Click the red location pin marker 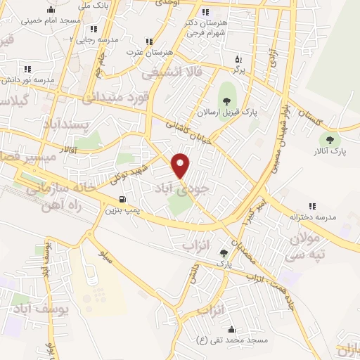(x=181, y=165)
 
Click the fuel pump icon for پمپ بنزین (x=124, y=199)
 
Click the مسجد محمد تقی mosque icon (x=231, y=329)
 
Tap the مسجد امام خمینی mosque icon (x=51, y=10)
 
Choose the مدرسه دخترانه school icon (x=312, y=206)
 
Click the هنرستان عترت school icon (x=148, y=41)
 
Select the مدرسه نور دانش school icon (x=27, y=69)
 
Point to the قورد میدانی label (x=117, y=97)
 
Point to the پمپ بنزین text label (x=117, y=210)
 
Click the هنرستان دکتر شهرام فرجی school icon (x=205, y=13)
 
